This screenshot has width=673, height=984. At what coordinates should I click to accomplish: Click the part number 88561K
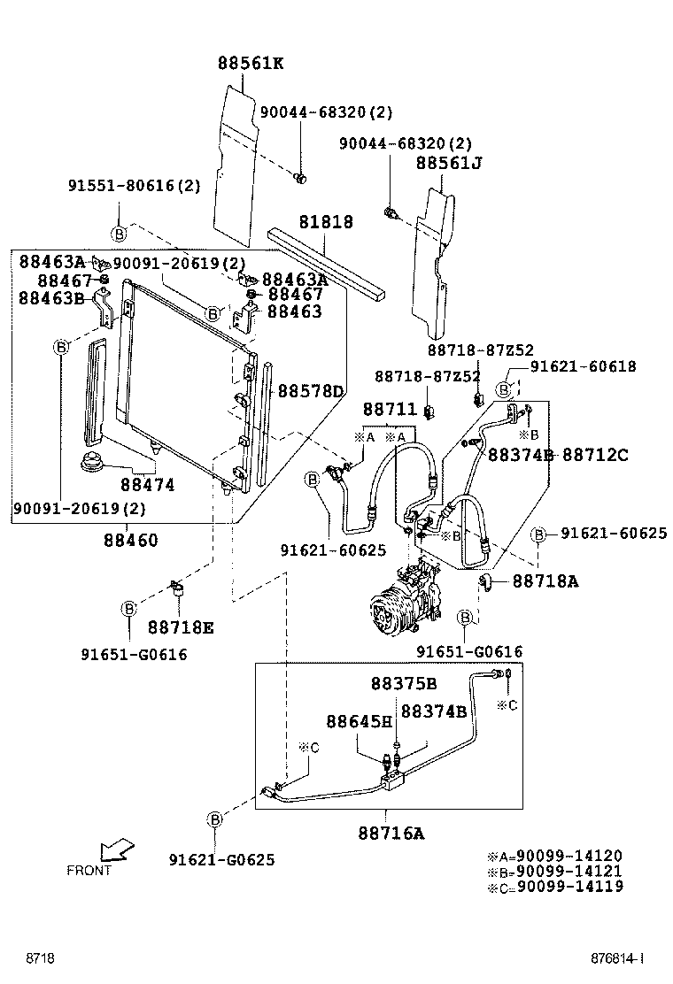[x=251, y=63]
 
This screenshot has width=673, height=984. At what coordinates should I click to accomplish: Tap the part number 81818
[x=325, y=221]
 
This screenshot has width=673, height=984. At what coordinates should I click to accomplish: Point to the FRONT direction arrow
[x=116, y=850]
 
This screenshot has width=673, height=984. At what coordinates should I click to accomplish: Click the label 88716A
[x=391, y=833]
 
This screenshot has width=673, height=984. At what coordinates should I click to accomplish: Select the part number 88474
[x=148, y=485]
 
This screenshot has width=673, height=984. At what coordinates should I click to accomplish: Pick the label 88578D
[x=310, y=390]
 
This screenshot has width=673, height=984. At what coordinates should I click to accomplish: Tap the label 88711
[x=389, y=409]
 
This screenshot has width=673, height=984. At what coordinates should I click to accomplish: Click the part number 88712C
[x=595, y=455]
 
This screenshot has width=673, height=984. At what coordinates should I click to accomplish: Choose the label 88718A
[x=545, y=581]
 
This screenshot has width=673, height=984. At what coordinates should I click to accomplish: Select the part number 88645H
[x=358, y=721]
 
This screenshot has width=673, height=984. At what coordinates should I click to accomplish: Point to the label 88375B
[x=404, y=684]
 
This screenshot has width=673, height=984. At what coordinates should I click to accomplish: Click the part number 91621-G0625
[x=221, y=859]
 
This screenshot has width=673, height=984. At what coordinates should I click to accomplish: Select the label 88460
[x=130, y=540]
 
